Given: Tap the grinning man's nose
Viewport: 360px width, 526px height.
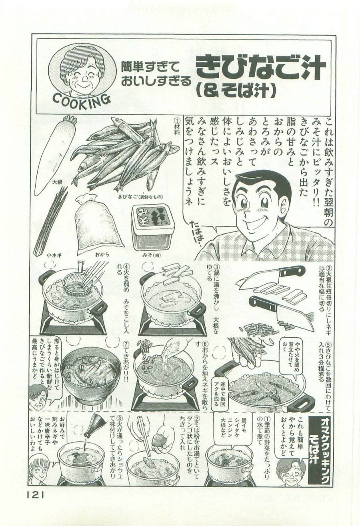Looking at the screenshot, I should coord(251,215).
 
